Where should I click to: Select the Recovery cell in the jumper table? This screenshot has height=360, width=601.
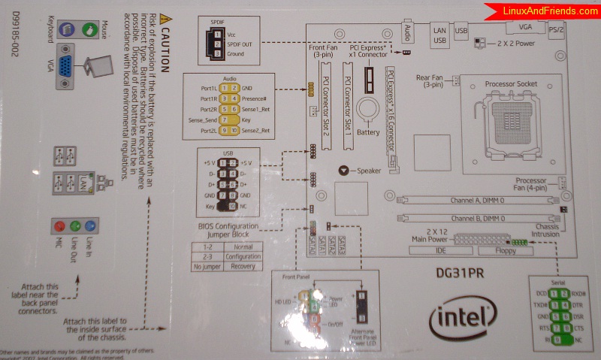[243, 267]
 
